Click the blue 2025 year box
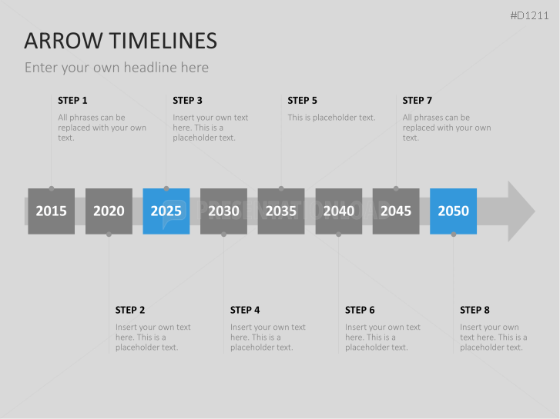coord(166,211)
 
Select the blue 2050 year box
coord(453,211)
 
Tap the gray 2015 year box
coord(52,211)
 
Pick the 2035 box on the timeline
coord(281,211)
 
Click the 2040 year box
coord(339,211)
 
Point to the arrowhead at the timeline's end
coord(521,211)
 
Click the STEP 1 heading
coord(72,101)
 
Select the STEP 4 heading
coord(245,311)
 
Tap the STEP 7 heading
coord(417,101)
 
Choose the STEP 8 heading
coord(474,311)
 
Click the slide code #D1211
coord(529,15)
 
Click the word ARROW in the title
coord(63,41)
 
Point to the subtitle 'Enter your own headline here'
coord(116,68)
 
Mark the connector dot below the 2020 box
coord(109,234)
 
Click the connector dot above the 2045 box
coord(396,188)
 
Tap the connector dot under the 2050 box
coord(453,234)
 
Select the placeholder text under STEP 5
coord(331,118)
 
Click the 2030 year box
coord(223,211)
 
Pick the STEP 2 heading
coord(130,311)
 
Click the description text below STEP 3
coord(210,128)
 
